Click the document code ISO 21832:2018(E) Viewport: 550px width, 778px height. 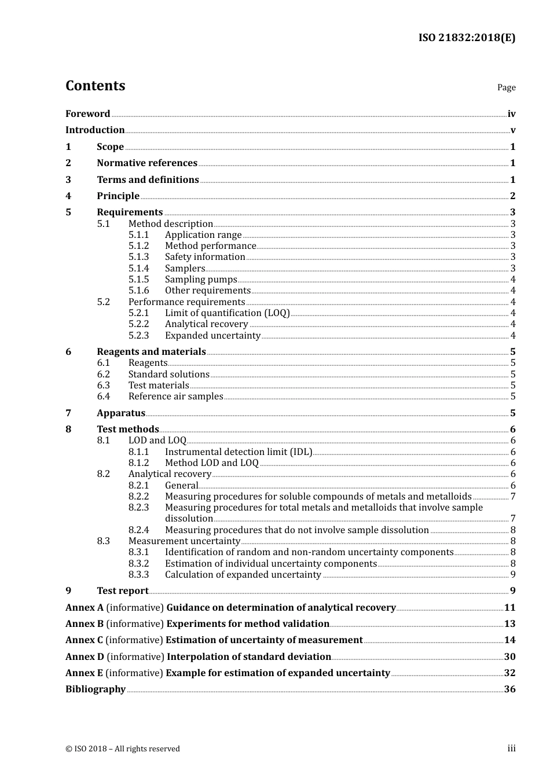click(x=467, y=38)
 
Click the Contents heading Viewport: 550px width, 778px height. click(x=95, y=86)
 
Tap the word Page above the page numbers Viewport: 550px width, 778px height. click(x=506, y=87)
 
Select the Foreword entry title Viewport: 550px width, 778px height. click(x=87, y=114)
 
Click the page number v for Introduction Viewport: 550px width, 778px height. click(x=512, y=130)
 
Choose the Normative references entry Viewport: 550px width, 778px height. click(x=147, y=163)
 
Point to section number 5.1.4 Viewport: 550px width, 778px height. click(x=138, y=269)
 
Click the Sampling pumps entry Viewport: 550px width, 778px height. click(x=201, y=280)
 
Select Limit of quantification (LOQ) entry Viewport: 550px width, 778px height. click(x=227, y=313)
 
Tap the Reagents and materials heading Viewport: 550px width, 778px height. click(x=151, y=352)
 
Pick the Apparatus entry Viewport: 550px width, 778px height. click(x=121, y=413)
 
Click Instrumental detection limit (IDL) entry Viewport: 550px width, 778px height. click(x=239, y=452)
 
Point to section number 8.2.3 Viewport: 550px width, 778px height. click(x=138, y=508)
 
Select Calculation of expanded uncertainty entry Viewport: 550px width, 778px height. click(x=243, y=575)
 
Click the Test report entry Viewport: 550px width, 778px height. click(x=123, y=591)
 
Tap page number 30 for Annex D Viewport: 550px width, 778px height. click(x=509, y=657)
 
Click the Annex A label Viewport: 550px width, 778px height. click(x=85, y=608)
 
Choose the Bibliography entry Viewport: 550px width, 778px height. click(x=96, y=689)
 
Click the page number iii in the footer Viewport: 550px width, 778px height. click(x=511, y=748)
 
